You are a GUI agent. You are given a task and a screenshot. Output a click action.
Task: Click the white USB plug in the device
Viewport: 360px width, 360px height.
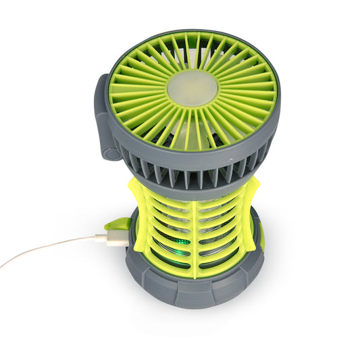coord(111,238)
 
